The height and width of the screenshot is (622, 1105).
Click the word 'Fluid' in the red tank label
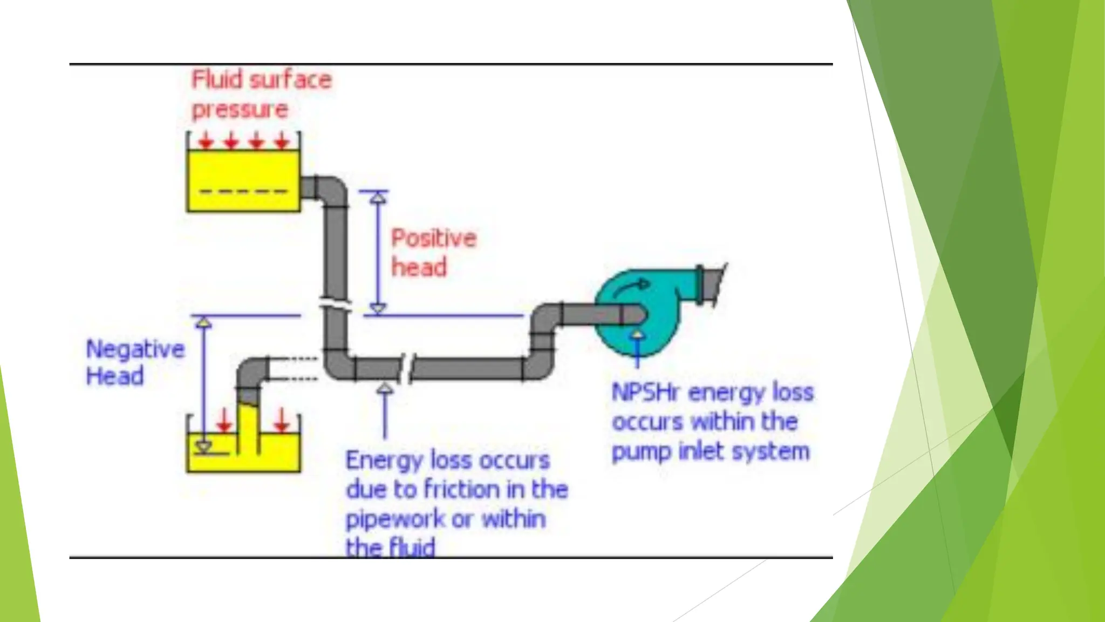(217, 80)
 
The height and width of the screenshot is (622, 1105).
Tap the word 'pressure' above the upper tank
(240, 110)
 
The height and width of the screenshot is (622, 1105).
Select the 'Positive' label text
(433, 238)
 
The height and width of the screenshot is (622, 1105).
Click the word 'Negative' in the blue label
(135, 349)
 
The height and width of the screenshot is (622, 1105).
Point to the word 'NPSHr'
(645, 393)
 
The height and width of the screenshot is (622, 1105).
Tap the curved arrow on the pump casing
(631, 288)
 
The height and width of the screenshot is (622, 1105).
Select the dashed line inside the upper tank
(243, 191)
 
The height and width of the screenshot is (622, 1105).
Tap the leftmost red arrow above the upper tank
(206, 141)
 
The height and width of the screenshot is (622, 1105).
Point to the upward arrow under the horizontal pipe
(384, 410)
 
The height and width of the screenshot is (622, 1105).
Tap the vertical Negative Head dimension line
(203, 378)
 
